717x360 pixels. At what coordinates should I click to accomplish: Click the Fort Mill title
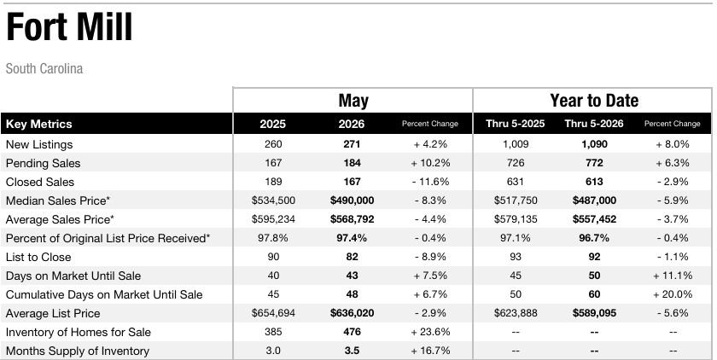point(69,27)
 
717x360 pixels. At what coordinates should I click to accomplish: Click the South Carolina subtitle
point(44,68)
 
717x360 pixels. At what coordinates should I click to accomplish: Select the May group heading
point(353,101)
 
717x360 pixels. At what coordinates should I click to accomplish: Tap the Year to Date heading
point(594,100)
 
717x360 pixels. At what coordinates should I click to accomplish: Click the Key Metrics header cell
point(39,124)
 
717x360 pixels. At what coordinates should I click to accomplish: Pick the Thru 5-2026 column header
point(594,124)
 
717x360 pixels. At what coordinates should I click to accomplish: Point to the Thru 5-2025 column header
point(516,124)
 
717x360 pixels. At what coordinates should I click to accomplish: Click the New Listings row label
point(39,144)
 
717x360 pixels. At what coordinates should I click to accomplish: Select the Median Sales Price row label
point(58,200)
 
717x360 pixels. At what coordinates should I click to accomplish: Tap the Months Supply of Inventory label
point(78,351)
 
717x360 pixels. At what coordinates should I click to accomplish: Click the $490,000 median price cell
point(352,200)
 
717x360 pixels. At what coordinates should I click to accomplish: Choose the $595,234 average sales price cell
point(273,219)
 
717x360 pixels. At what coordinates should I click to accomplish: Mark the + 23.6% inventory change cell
point(430,332)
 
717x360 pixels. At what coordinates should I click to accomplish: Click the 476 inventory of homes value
point(352,332)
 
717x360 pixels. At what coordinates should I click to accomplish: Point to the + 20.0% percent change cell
point(673,294)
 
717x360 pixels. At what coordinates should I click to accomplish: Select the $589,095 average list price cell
point(594,313)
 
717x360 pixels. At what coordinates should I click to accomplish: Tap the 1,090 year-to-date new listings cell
point(594,144)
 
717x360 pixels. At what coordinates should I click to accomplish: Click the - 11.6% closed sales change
point(430,182)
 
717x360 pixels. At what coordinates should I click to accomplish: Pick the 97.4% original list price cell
point(352,238)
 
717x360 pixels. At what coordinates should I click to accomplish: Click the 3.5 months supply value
point(352,351)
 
